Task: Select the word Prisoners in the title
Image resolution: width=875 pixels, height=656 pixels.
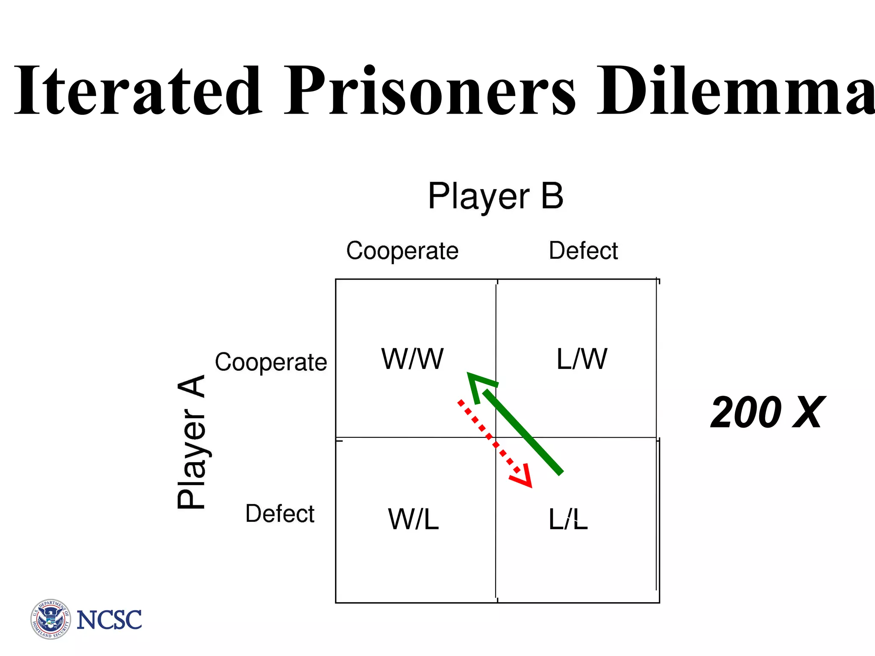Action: [430, 91]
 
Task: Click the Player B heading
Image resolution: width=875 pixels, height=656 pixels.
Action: [496, 196]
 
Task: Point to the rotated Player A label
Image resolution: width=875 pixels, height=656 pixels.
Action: [192, 442]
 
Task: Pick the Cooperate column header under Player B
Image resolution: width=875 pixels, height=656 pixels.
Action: [402, 251]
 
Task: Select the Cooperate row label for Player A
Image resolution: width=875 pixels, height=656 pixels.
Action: [271, 363]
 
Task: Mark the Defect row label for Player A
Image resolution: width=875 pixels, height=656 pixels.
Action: [280, 513]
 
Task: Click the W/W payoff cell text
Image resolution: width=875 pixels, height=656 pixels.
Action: [412, 359]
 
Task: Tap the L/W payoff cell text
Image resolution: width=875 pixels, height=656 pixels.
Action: [581, 359]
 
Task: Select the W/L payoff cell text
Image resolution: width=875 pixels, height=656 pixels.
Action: [413, 519]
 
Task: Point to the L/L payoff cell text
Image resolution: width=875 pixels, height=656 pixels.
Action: [568, 519]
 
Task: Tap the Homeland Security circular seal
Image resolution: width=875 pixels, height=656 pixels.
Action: [51, 619]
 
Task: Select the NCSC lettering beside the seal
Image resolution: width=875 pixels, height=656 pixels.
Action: [109, 620]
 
